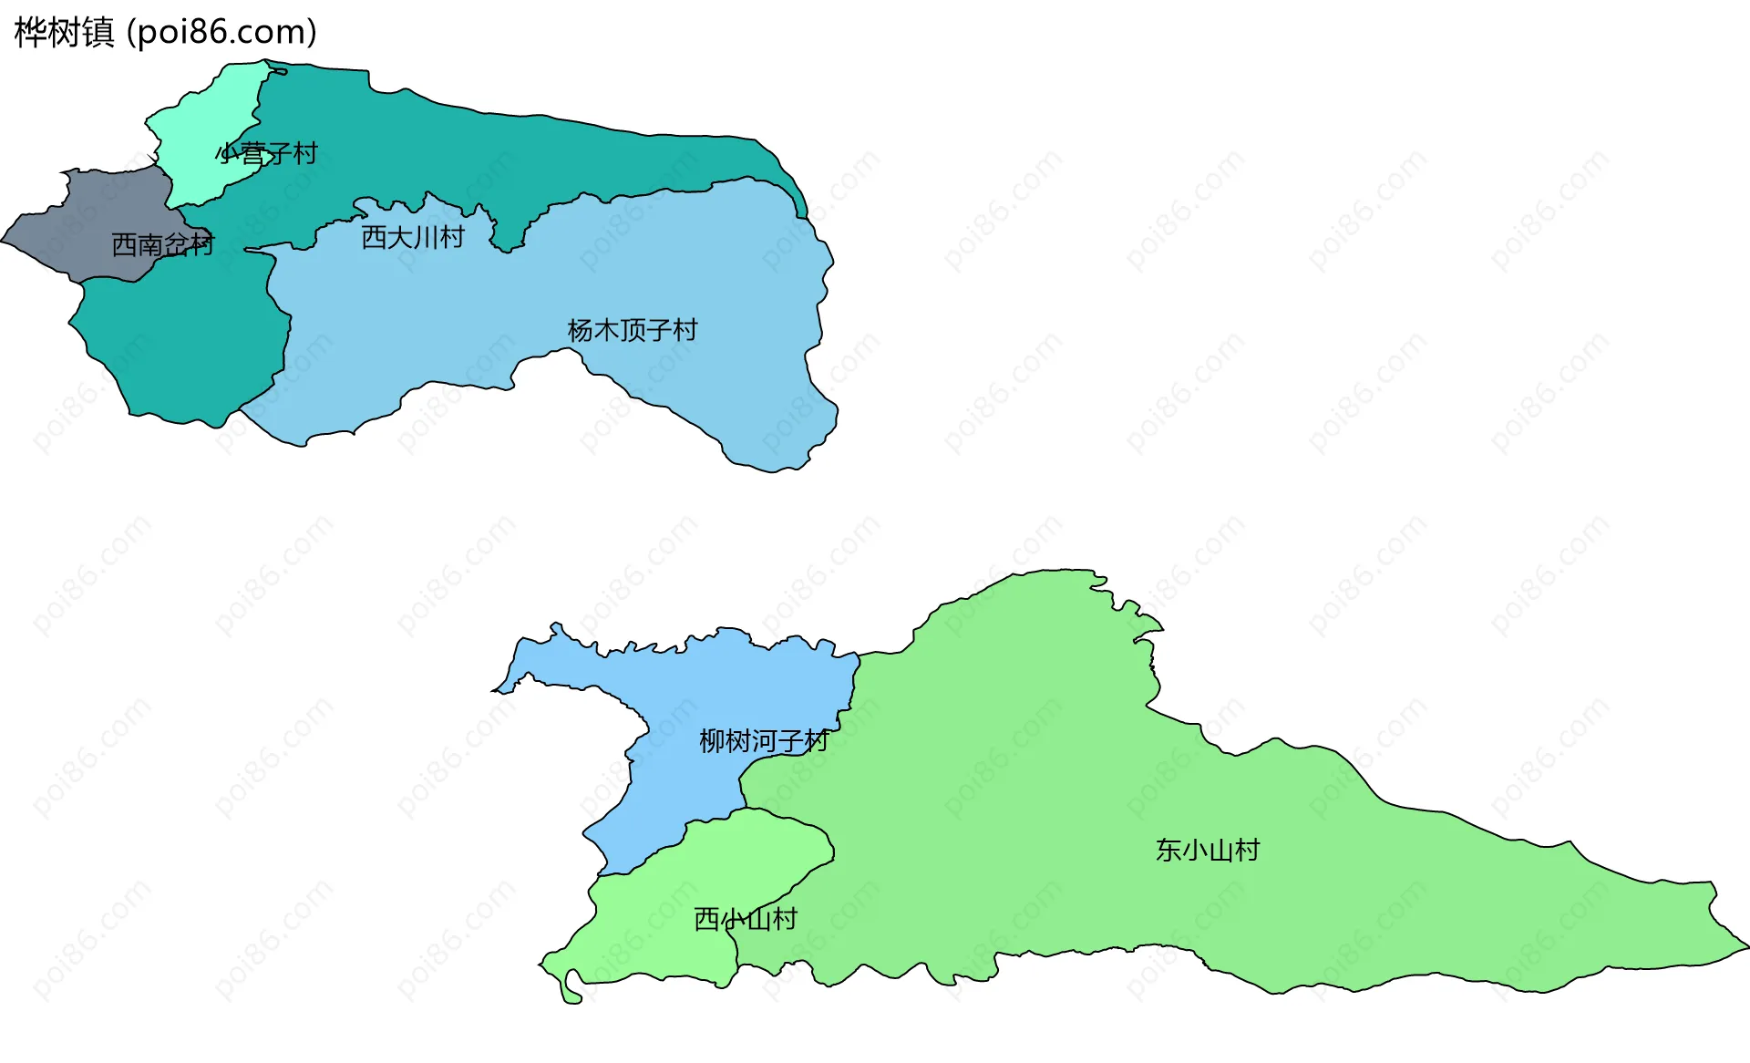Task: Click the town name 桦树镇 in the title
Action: [64, 32]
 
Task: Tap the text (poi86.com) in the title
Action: [221, 32]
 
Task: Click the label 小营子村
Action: [268, 153]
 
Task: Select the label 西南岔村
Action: [162, 244]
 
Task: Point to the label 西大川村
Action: [413, 237]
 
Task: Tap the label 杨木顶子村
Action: [632, 330]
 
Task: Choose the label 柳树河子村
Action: [764, 741]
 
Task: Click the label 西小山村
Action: [746, 919]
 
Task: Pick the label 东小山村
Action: [1208, 851]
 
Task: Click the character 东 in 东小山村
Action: [1169, 851]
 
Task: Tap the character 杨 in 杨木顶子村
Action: [580, 330]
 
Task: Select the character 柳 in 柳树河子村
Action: [712, 741]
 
